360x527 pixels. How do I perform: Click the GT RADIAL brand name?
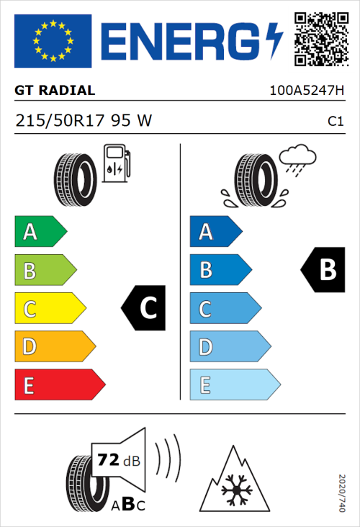55,91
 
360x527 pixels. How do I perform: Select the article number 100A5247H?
307,91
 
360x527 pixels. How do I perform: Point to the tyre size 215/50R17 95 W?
84,121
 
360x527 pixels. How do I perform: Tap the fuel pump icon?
116,163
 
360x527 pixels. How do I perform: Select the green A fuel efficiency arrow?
40,232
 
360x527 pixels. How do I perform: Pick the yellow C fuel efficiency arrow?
49,309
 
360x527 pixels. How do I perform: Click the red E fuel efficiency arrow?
59,385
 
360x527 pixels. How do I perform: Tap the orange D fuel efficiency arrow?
54,347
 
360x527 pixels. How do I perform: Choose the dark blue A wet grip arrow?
215,232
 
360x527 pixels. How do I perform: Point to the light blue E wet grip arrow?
234,385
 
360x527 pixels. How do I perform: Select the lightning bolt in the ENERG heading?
274,40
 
